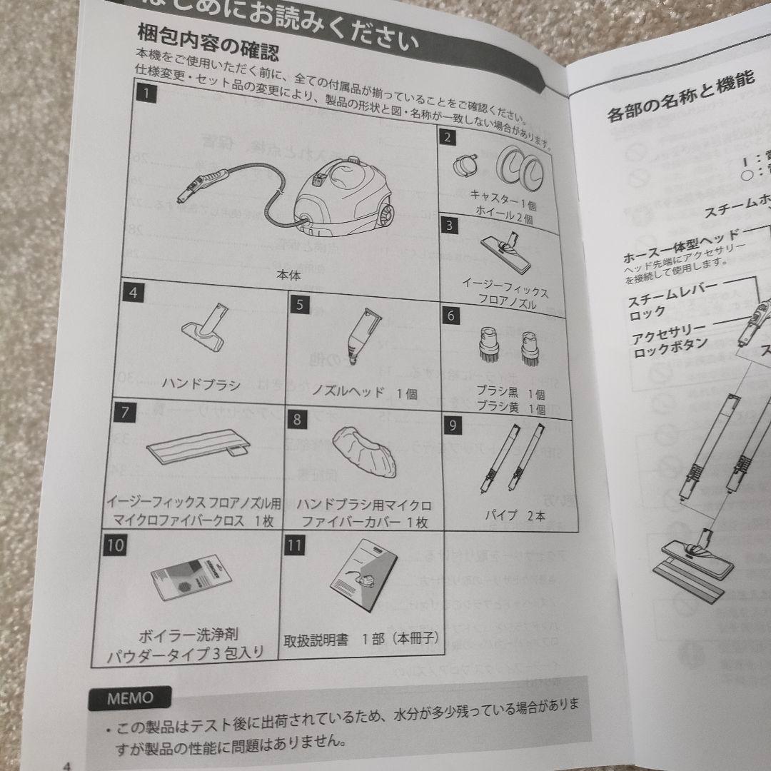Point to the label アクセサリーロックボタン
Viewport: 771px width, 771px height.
(667, 336)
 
